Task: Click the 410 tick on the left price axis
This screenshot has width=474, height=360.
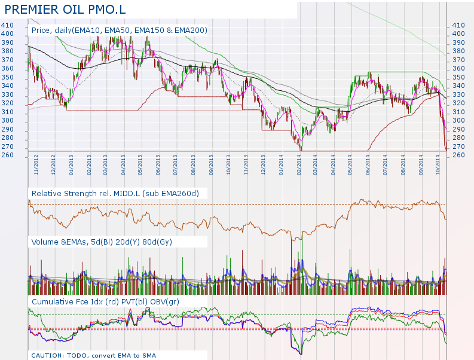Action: (x=7, y=25)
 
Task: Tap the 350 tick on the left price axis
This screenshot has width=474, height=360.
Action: (x=7, y=77)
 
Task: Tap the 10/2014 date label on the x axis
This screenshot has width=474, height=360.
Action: (x=438, y=164)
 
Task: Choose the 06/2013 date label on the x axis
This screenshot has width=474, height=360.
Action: (x=158, y=164)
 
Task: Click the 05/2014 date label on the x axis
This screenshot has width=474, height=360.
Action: (x=350, y=164)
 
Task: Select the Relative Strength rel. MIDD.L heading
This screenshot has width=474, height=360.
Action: (x=115, y=193)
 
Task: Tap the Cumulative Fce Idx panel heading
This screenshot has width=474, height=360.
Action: (x=105, y=301)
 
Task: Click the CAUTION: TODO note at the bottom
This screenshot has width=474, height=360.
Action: (x=94, y=355)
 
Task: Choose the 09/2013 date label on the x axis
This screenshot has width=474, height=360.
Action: (x=212, y=164)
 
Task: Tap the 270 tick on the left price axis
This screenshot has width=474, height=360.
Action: (x=7, y=147)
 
